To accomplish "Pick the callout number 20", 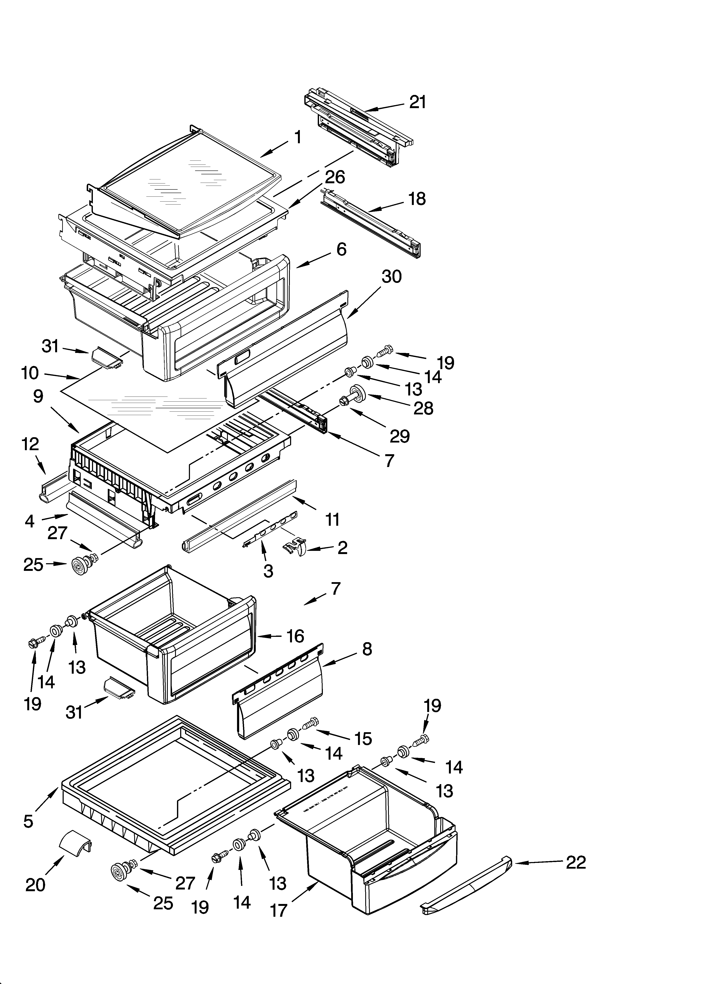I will (x=35, y=885).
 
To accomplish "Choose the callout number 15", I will (x=363, y=738).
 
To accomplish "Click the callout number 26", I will (x=335, y=177).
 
